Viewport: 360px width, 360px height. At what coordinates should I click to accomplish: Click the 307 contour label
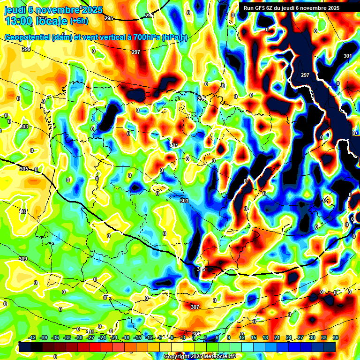195,307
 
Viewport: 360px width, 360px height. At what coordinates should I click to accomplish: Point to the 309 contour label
23,259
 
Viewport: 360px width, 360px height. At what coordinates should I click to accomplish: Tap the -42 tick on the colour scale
32,337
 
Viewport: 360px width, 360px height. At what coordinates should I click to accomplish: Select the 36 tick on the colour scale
335,337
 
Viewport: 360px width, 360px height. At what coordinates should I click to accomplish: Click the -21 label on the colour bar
114,337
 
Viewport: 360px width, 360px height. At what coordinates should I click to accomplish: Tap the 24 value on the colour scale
288,337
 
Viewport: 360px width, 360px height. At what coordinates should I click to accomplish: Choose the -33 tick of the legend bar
67,337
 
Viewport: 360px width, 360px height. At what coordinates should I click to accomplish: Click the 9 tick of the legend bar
228,337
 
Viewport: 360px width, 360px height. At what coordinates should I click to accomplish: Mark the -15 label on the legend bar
137,337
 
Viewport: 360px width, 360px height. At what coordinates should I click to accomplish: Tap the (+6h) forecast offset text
79,21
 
